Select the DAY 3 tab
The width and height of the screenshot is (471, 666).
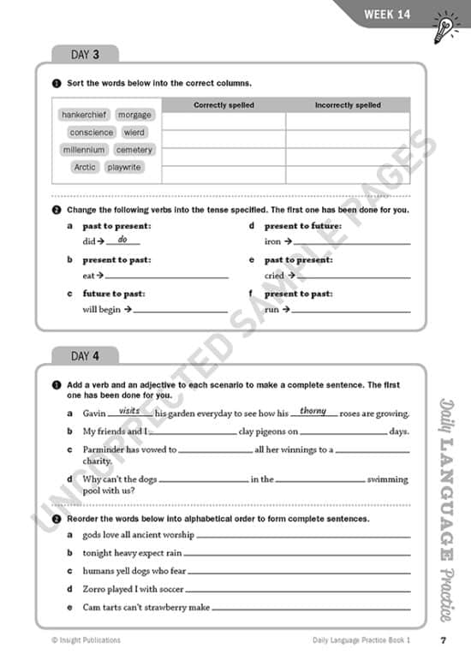[x=85, y=54]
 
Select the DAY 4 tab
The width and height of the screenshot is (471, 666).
[x=85, y=355]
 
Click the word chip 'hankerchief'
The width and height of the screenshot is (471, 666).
[x=85, y=115]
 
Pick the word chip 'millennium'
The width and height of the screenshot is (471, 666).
[x=84, y=150]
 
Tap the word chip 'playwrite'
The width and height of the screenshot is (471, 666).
[x=124, y=168]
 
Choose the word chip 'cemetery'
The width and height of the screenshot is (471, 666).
[x=134, y=150]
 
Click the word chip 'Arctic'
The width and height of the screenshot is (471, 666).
[x=85, y=168]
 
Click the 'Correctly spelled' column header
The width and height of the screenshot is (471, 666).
[x=223, y=105]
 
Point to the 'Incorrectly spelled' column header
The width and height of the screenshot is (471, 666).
[x=348, y=105]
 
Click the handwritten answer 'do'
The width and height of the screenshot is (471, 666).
[x=122, y=240]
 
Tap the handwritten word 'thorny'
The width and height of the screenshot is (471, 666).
[x=313, y=411]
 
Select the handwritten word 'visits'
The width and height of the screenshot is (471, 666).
[x=129, y=411]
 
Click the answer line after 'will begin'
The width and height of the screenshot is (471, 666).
[x=181, y=311]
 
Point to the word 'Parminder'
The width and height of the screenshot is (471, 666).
[x=103, y=449]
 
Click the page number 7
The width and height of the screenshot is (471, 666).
[x=443, y=640]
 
